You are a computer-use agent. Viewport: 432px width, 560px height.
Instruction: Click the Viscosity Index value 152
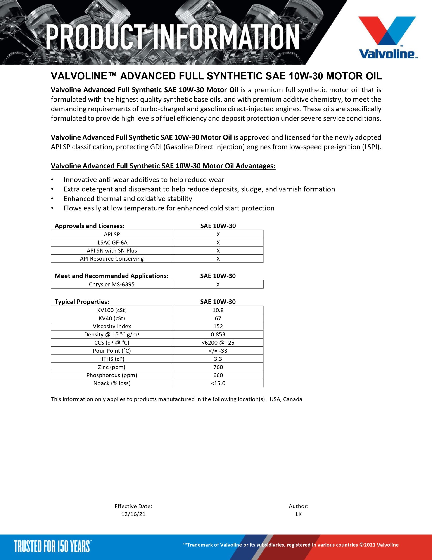pos(218,326)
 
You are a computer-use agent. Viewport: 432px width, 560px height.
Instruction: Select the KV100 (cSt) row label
pos(112,310)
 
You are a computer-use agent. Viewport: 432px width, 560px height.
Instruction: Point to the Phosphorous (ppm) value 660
pos(218,375)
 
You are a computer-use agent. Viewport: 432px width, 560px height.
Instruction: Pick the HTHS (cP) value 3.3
pos(218,359)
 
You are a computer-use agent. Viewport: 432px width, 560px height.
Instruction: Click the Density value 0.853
pos(218,335)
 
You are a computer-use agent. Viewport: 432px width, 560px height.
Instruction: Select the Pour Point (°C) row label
pos(112,351)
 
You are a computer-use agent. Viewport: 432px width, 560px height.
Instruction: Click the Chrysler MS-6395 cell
pos(112,284)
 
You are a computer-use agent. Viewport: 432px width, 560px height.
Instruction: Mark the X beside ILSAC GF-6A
pos(218,243)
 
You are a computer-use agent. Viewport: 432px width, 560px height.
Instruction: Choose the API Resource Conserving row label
pos(112,259)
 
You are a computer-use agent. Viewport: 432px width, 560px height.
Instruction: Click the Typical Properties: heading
pos(82,302)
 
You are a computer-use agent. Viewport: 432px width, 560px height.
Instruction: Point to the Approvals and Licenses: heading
pos(90,226)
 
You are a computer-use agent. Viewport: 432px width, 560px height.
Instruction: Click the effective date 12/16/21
pos(133,514)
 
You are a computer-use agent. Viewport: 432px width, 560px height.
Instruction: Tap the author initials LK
pos(299,514)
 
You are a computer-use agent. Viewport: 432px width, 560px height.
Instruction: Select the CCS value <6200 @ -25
pos(218,343)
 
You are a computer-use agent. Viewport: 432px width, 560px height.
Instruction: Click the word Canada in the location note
pos(293,399)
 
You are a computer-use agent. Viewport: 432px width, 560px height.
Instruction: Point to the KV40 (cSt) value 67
pos(218,318)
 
